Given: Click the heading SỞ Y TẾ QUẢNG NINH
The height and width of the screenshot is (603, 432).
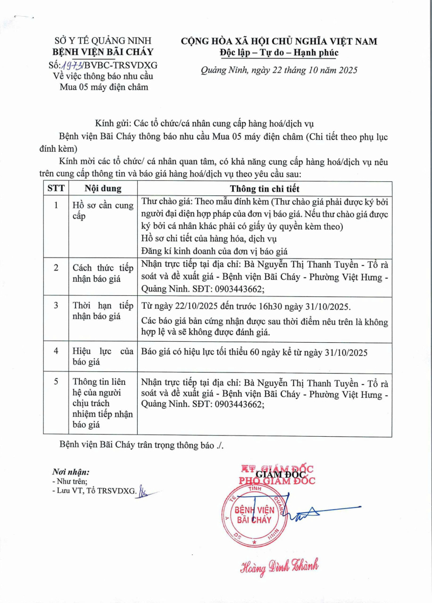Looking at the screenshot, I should (x=103, y=40).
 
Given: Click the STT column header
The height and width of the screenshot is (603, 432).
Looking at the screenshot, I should (x=55, y=188).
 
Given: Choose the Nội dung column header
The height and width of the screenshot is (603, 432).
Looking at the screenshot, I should (x=103, y=188).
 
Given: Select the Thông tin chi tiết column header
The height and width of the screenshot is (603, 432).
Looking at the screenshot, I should (x=265, y=188).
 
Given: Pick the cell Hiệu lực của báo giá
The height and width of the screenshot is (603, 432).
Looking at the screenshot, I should (x=103, y=357).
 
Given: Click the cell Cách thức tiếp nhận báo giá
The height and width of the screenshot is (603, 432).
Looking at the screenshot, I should (x=103, y=273).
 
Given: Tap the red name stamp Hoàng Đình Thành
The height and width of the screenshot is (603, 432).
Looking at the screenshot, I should (x=279, y=565).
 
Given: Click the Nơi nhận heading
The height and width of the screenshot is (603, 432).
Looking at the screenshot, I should (x=71, y=471).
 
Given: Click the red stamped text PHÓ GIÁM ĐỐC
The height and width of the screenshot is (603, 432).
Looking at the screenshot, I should (x=276, y=480).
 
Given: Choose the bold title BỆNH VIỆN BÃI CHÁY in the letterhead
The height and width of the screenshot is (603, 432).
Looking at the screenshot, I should (x=103, y=52).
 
